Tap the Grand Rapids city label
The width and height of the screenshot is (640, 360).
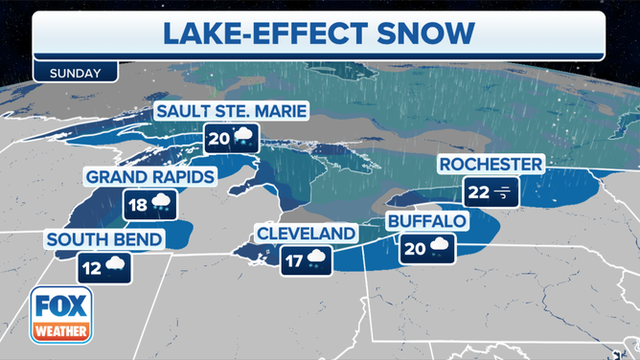[149, 177]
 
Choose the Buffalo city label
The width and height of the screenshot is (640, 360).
[426, 221]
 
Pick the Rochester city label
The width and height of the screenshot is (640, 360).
[491, 165]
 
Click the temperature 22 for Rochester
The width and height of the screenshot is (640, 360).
[478, 192]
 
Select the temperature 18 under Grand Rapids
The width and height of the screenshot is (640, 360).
[139, 204]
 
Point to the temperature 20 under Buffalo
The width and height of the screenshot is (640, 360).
[415, 247]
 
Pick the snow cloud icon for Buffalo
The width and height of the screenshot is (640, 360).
[440, 247]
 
